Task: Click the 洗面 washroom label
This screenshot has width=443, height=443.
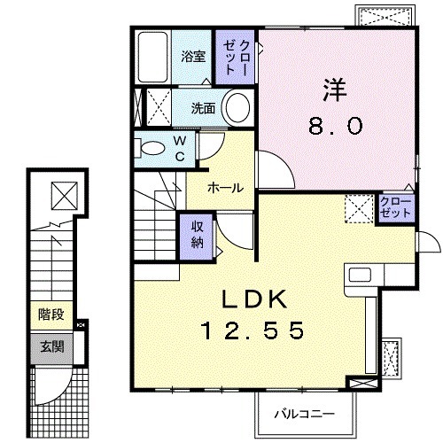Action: coord(203,109)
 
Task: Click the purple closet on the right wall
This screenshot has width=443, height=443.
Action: coord(394,207)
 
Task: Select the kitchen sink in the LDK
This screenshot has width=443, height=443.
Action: coord(362,276)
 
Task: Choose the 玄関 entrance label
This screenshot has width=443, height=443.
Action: coord(48,346)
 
